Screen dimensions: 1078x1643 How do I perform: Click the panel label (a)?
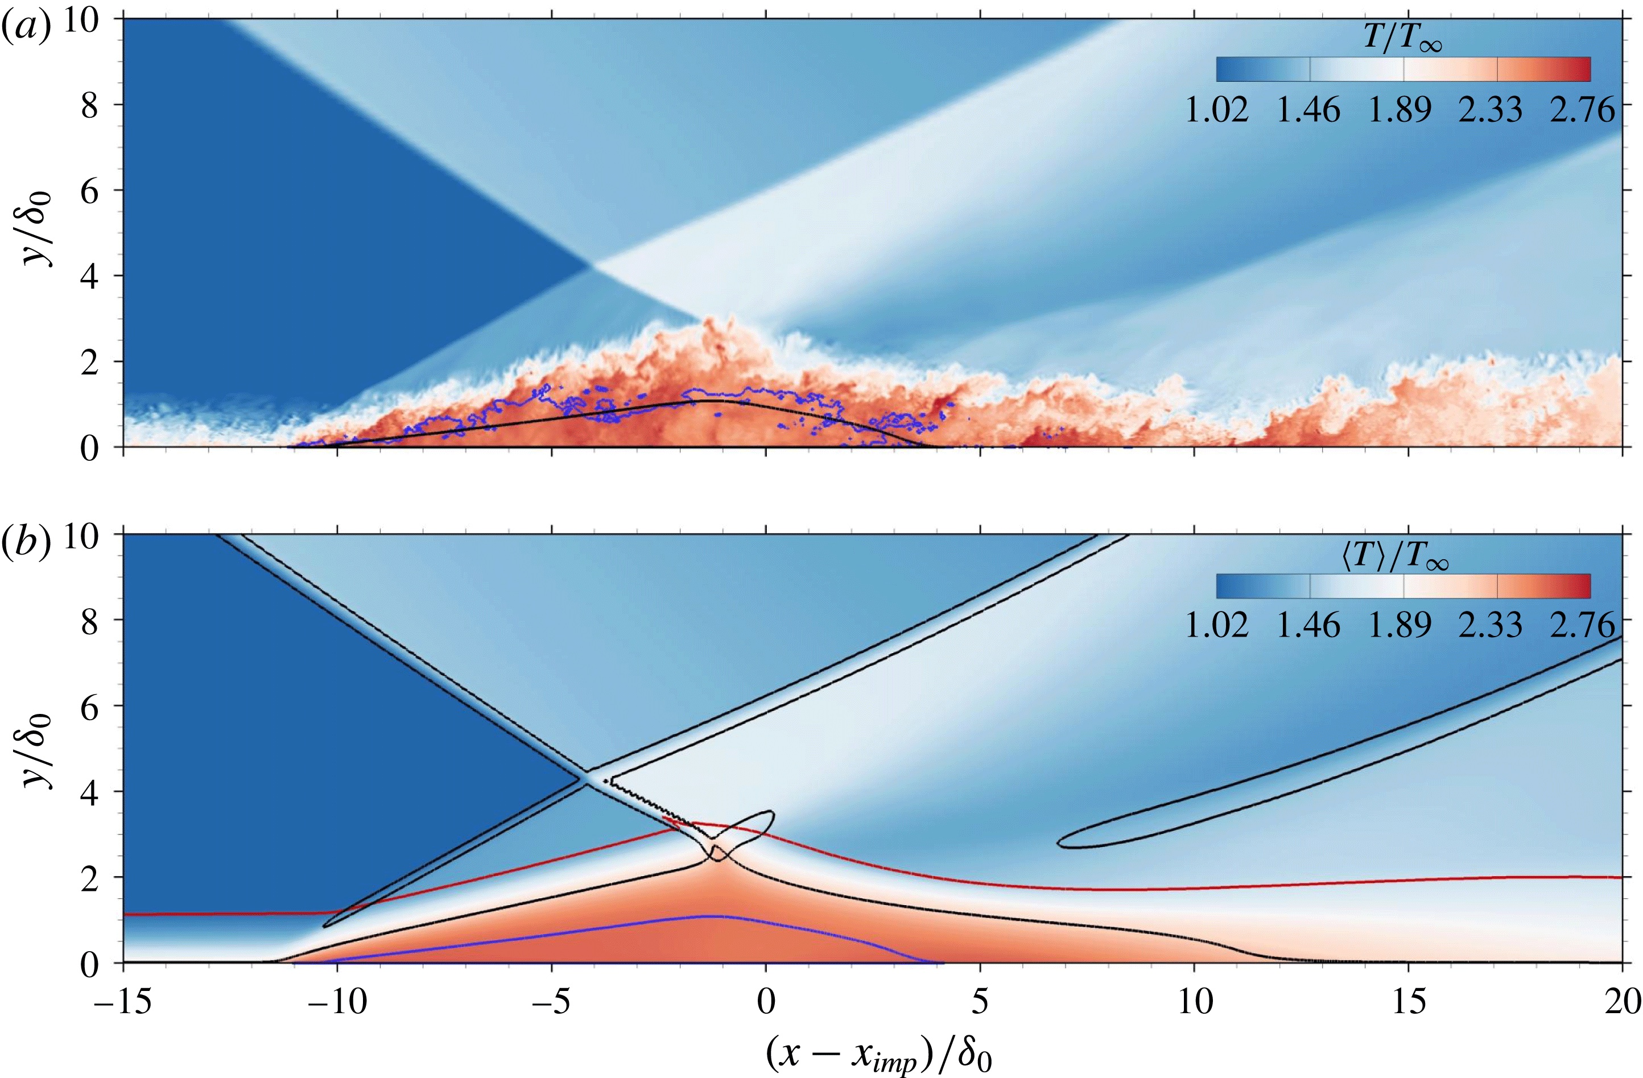tap(26, 29)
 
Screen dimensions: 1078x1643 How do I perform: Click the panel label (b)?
tap(26, 544)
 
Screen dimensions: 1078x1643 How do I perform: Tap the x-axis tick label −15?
tap(123, 1001)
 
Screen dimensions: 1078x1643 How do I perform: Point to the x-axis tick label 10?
tap(1194, 1001)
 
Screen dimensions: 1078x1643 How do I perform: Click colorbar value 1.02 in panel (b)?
tap(1216, 625)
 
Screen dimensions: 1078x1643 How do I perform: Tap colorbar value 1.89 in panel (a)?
tap(1400, 110)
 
